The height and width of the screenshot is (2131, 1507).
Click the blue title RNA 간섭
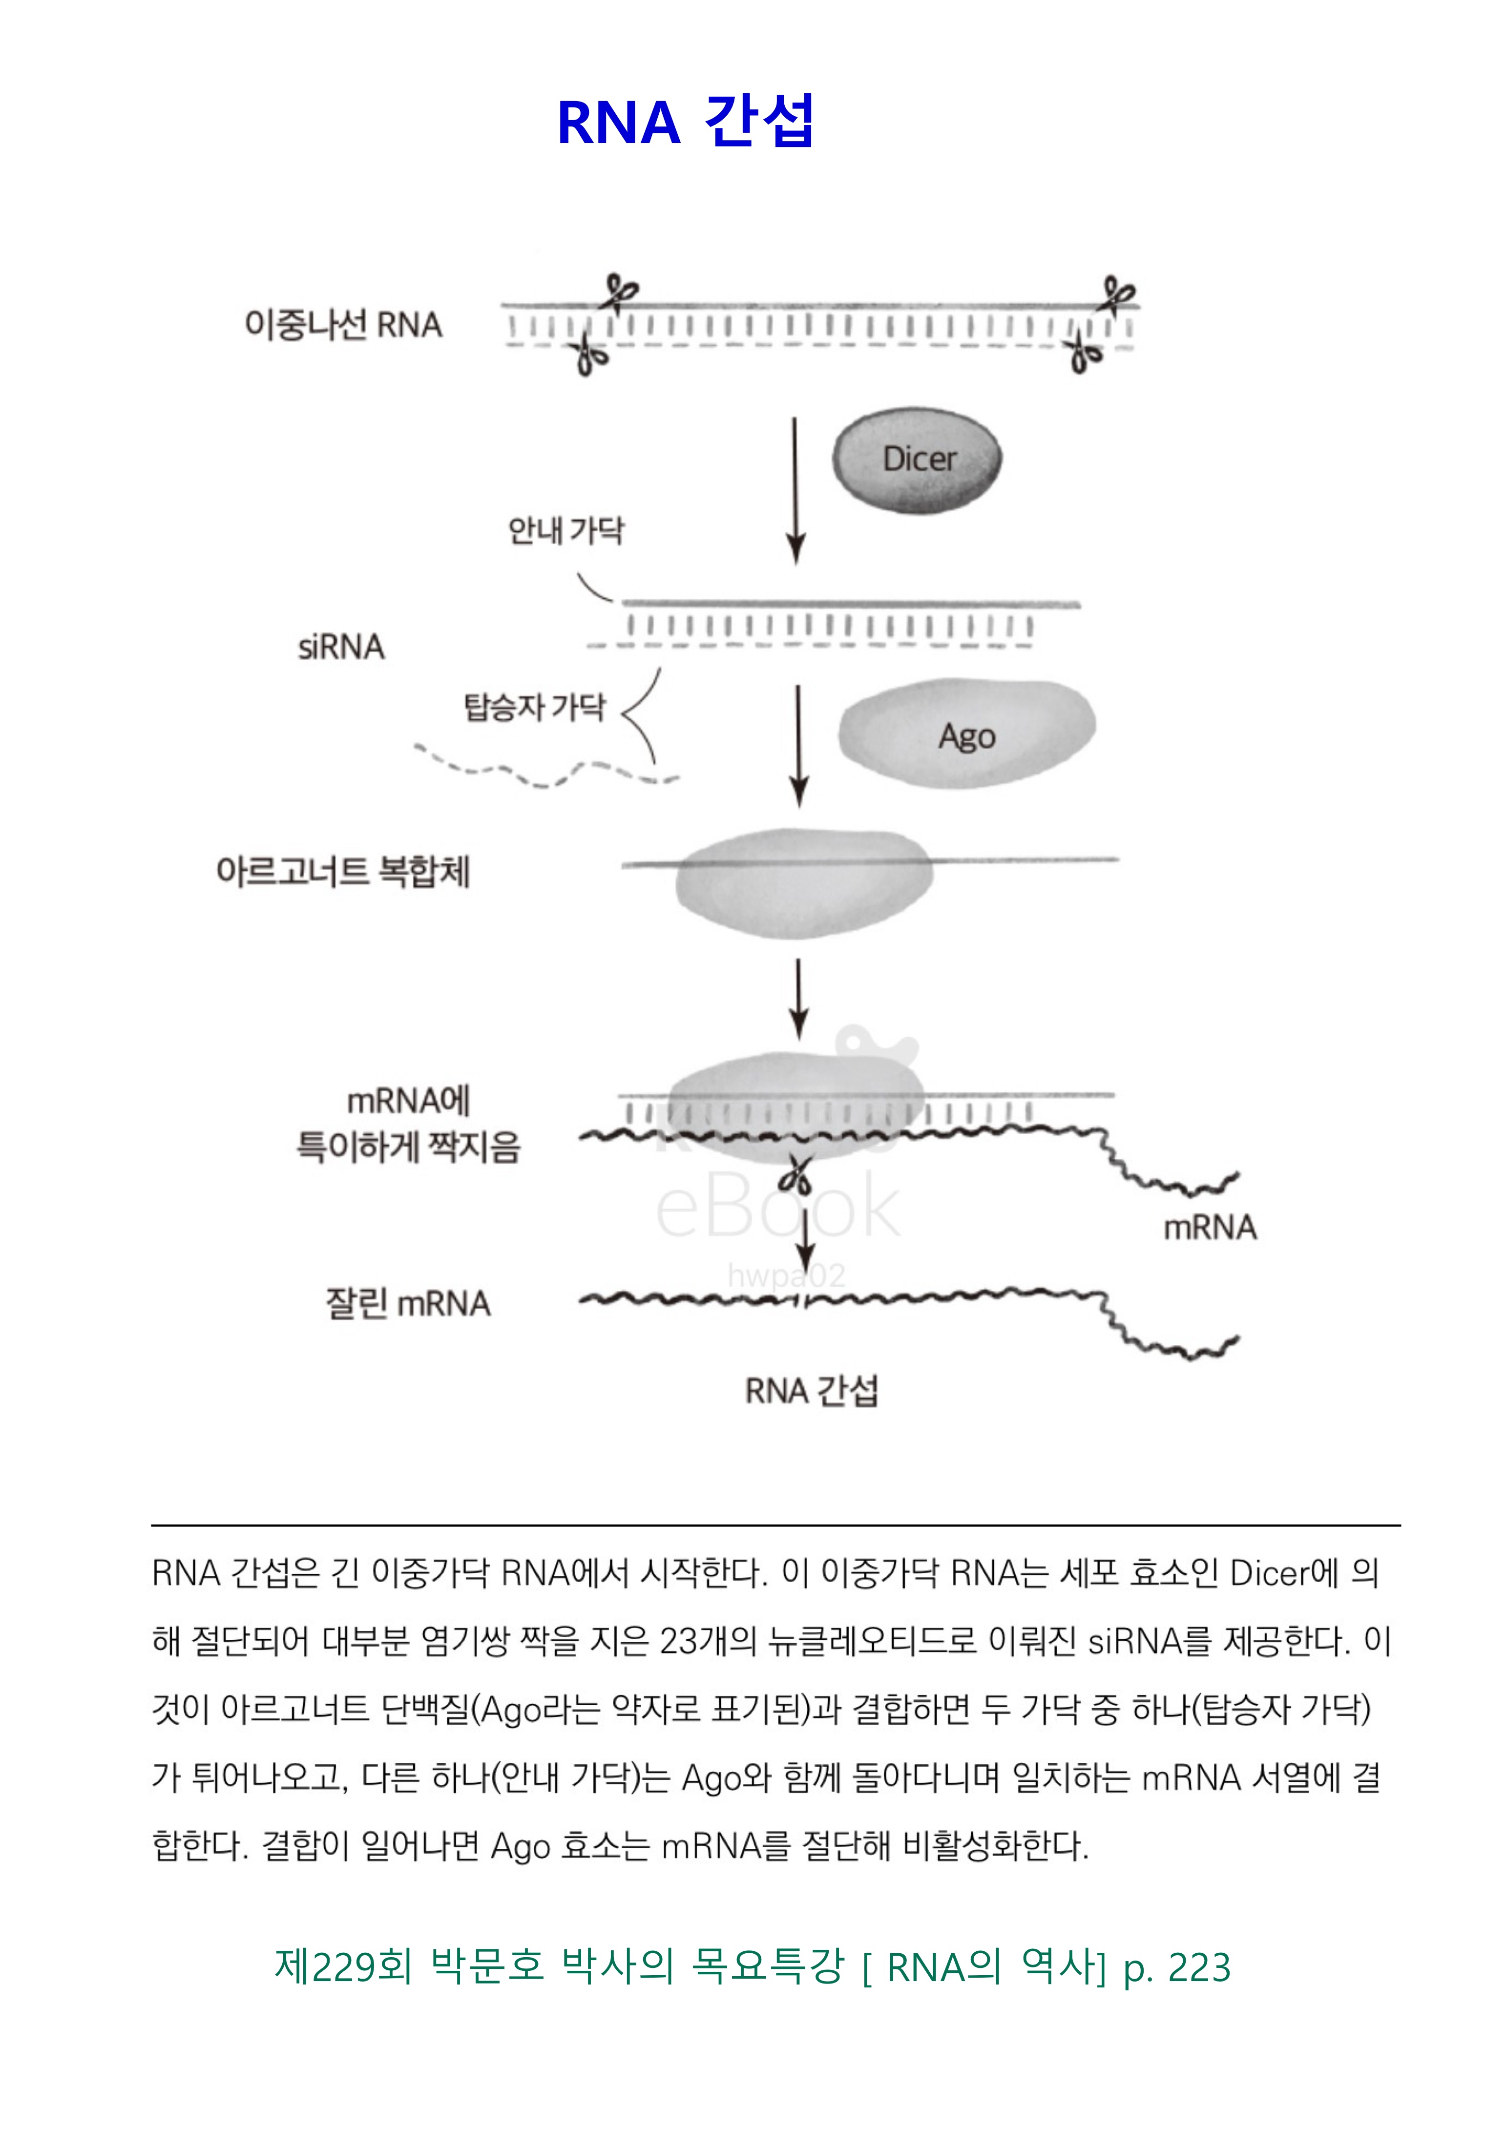tap(685, 122)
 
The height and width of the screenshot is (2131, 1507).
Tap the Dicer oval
tap(917, 460)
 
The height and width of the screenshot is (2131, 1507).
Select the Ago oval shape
tap(967, 734)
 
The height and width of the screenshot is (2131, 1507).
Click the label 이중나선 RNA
tap(343, 325)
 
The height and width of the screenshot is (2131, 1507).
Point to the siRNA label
tap(340, 647)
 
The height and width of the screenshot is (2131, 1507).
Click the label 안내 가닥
tap(566, 531)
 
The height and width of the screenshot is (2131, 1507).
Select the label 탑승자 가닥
tap(535, 707)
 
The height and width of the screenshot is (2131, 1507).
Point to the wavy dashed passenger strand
tap(547, 769)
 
